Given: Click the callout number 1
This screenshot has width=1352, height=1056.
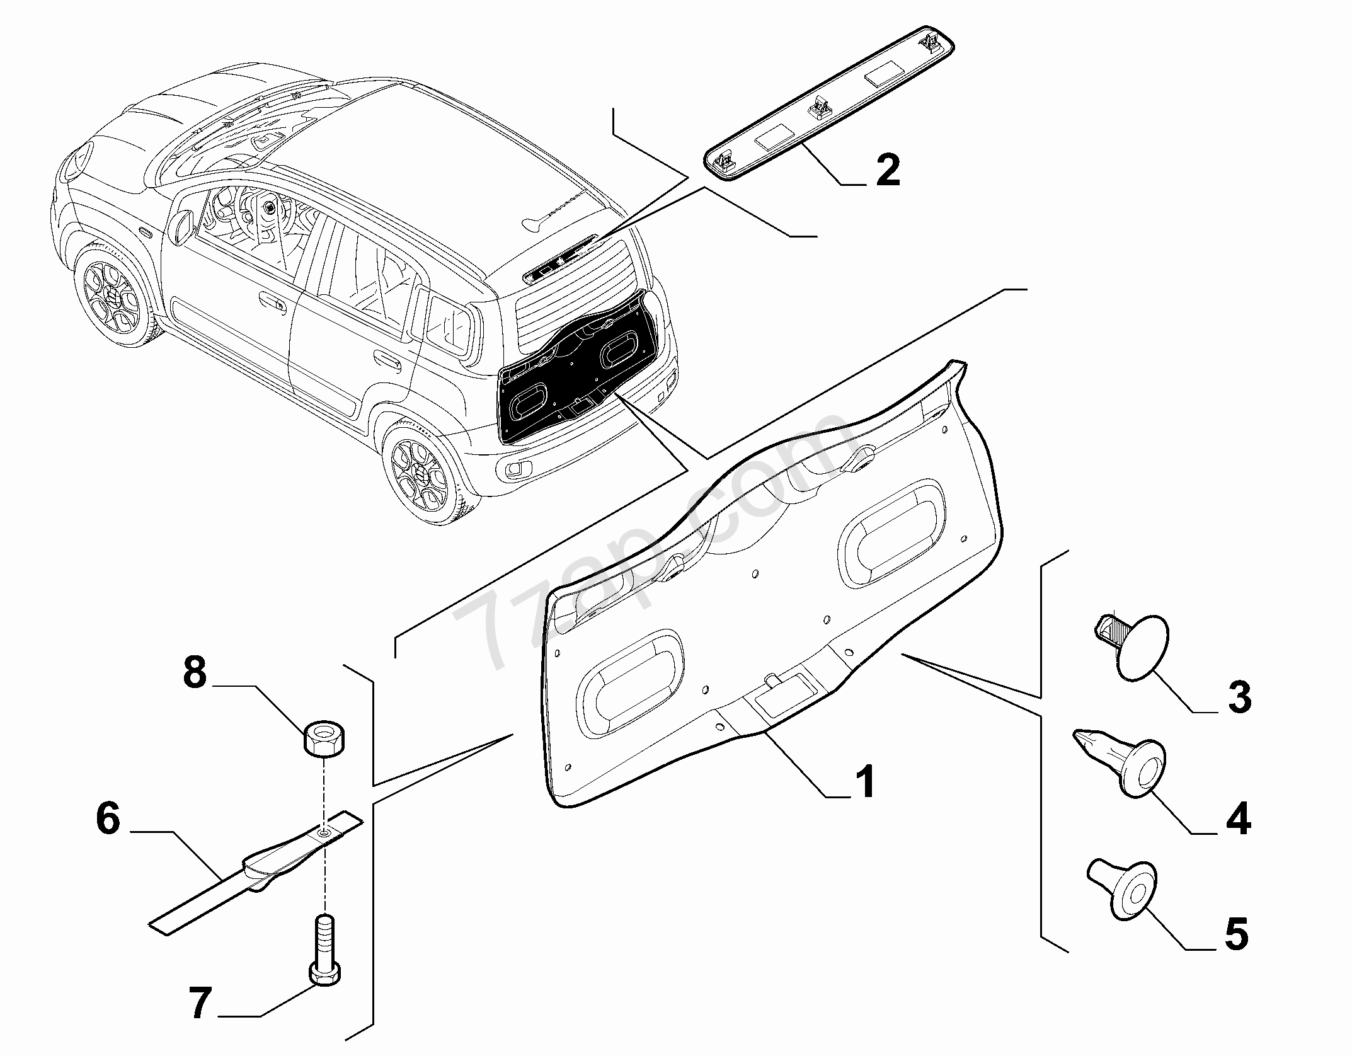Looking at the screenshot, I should click(867, 781).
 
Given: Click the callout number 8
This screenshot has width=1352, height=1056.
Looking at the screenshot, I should click(195, 672).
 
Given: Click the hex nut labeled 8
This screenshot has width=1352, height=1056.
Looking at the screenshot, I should click(324, 738).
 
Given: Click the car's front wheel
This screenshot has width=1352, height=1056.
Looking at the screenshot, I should click(114, 296).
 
